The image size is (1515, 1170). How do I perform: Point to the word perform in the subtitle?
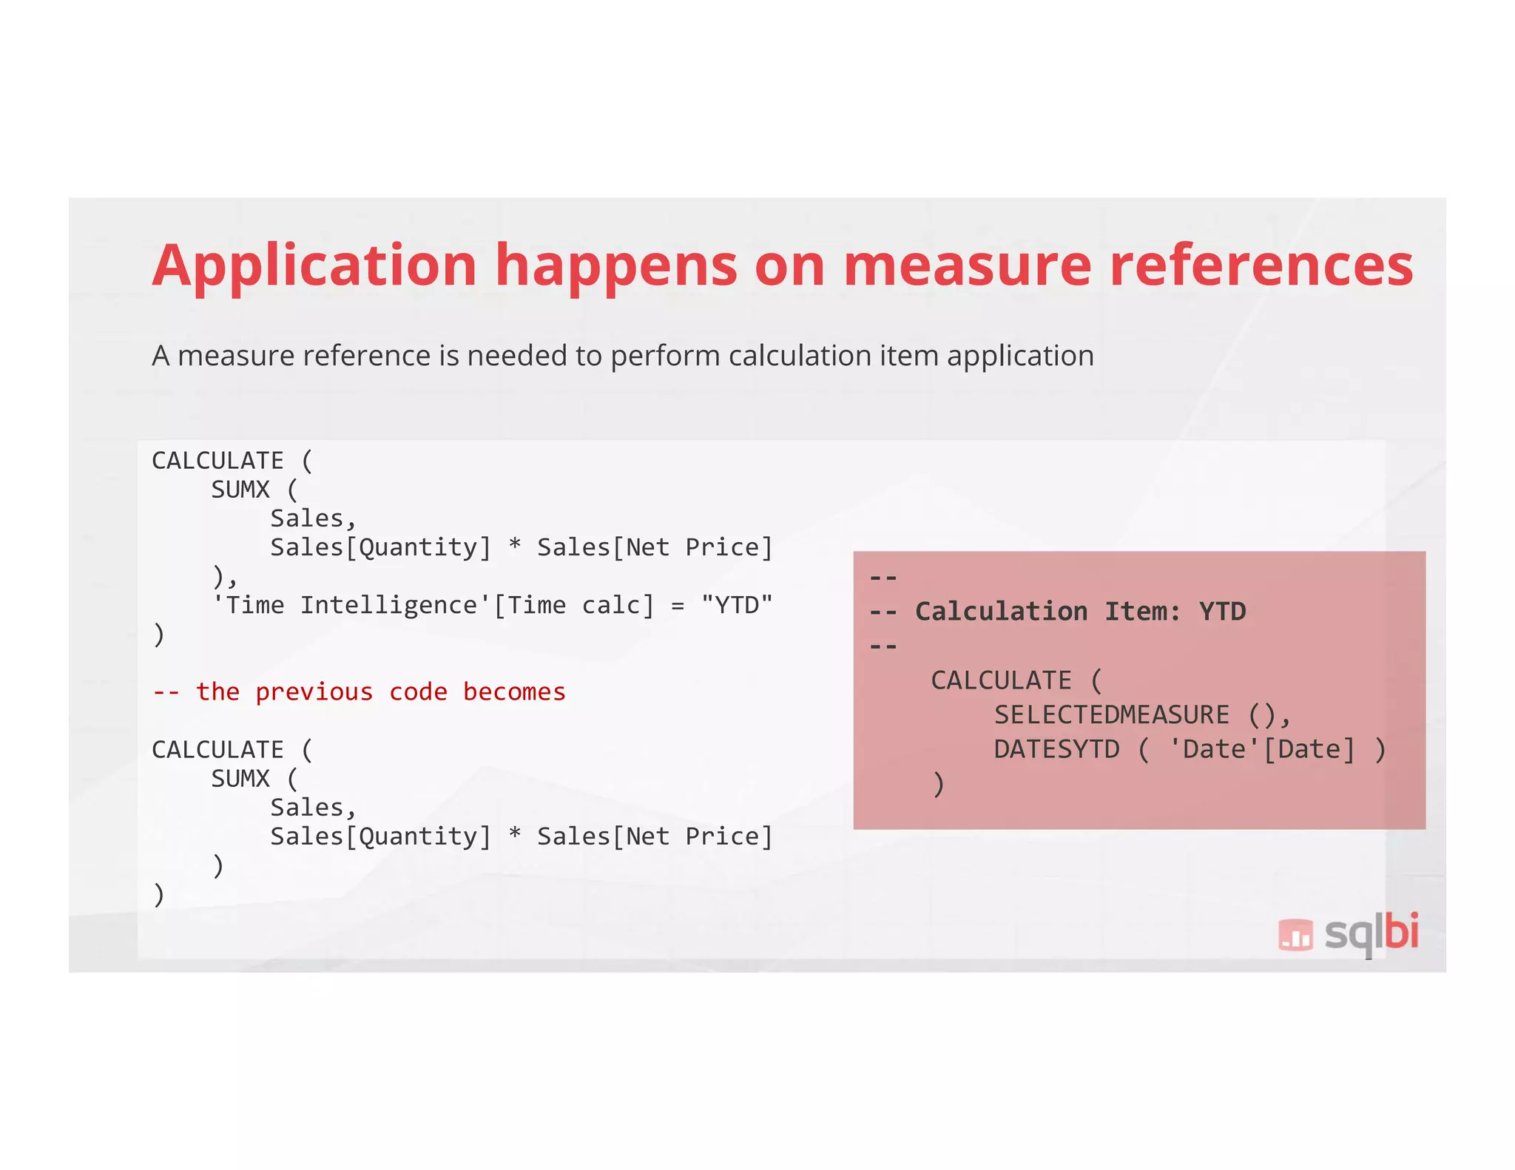click(x=664, y=356)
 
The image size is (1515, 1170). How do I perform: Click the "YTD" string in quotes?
click(x=737, y=605)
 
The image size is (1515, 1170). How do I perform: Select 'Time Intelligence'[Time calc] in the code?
click(x=433, y=605)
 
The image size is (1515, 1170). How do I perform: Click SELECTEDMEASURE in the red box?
click(x=1111, y=714)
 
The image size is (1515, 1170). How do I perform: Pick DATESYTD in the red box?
click(x=1056, y=749)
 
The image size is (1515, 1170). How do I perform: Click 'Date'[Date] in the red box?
click(x=1262, y=749)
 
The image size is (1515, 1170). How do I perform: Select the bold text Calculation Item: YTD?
click(x=1080, y=612)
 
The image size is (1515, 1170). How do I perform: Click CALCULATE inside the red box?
click(x=1001, y=680)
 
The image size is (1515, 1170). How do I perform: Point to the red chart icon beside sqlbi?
click(x=1295, y=934)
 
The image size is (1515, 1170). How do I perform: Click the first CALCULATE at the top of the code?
click(x=217, y=461)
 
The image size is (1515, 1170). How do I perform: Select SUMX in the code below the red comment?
click(x=240, y=779)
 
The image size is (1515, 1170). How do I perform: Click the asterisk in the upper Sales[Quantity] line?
click(x=515, y=547)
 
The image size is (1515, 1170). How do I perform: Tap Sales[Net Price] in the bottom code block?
click(x=655, y=836)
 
